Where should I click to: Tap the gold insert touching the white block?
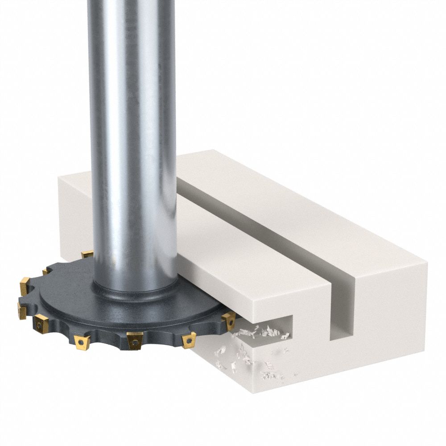(x=229, y=320)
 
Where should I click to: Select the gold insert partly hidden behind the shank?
(x=87, y=255)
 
